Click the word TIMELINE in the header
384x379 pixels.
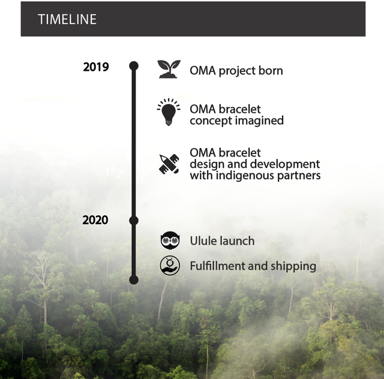coord(67,19)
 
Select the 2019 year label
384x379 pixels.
coord(96,67)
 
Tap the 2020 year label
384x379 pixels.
coord(95,220)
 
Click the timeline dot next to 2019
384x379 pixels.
coord(134,66)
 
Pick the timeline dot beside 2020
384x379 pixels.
coord(134,221)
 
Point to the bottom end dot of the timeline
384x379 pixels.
coord(134,279)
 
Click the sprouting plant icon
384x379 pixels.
coord(169,69)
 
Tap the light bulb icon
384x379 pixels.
coord(169,112)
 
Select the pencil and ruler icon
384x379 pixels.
coord(169,164)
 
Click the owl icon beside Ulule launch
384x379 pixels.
coord(170,240)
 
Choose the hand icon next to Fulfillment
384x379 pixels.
coord(170,266)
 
